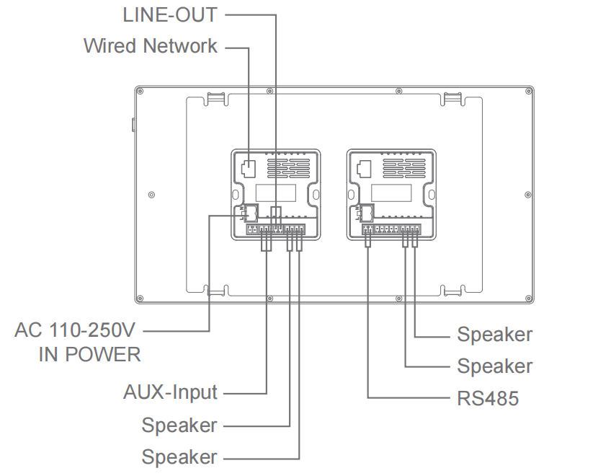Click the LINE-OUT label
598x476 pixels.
coord(170,14)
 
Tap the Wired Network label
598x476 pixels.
coord(150,46)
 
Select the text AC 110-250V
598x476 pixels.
coord(75,331)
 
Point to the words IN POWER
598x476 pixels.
coord(90,354)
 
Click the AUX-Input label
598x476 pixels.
coord(170,392)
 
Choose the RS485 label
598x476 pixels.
coord(488,398)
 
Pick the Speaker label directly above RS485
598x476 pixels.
coord(495,366)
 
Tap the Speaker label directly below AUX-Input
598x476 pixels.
coord(179,425)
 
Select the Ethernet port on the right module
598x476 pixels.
coord(363,169)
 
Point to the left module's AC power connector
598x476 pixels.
coord(251,212)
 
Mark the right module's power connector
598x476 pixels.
coord(367,212)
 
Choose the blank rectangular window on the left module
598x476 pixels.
coord(275,193)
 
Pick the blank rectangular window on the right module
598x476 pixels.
coord(391,193)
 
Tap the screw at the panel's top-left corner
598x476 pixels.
coord(140,91)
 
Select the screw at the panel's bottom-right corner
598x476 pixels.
coord(529,298)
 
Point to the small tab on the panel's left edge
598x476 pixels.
coord(133,124)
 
